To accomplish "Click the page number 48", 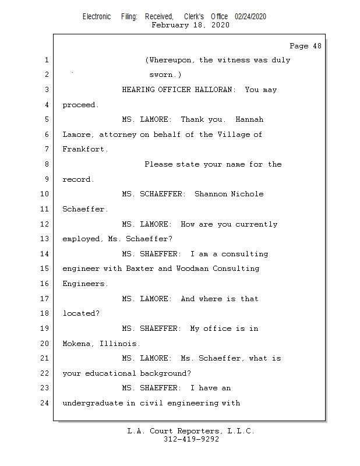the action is (x=317, y=46).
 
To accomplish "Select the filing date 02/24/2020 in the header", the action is (x=250, y=17).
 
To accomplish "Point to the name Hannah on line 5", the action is (x=249, y=119).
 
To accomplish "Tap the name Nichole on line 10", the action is (x=248, y=194).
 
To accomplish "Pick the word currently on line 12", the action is (x=256, y=224).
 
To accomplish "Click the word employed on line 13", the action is (x=81, y=239).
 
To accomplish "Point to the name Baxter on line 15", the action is (x=140, y=269).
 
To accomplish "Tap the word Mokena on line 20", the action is (x=76, y=344).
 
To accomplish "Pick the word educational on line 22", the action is (x=110, y=373).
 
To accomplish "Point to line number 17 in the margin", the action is (x=44, y=299).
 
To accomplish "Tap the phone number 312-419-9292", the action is (x=191, y=439).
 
